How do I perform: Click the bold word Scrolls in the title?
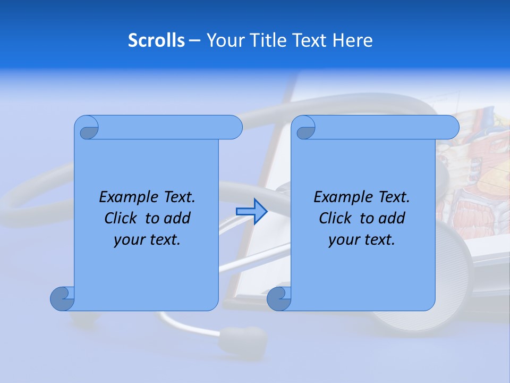coord(156,40)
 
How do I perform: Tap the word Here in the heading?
coord(352,40)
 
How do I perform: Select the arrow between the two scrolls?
coord(251,212)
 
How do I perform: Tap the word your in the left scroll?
coord(130,240)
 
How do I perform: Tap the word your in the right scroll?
coord(344,240)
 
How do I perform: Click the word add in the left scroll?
coord(177,218)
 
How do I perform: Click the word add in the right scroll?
coord(392,218)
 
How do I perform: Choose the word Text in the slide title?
coord(309,40)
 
